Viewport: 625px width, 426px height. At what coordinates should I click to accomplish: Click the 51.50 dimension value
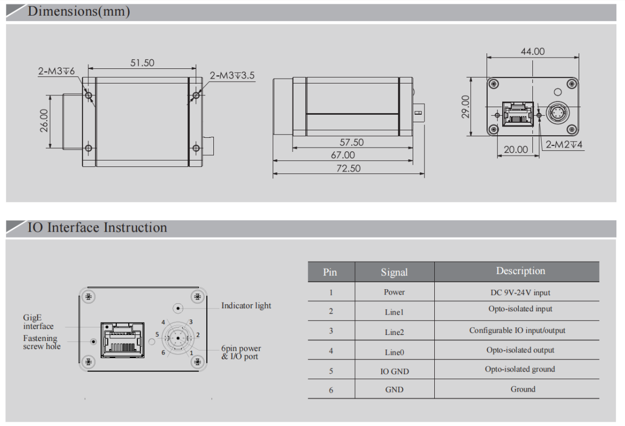click(x=142, y=63)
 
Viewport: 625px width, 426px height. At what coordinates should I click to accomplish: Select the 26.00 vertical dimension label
click(x=44, y=120)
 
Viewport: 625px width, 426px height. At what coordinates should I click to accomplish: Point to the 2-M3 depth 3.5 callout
click(x=232, y=75)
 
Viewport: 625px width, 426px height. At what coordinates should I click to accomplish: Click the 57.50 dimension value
click(x=351, y=142)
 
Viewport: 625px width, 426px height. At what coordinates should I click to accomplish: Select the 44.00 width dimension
click(x=532, y=52)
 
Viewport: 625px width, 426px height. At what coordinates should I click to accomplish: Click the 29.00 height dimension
click(x=466, y=107)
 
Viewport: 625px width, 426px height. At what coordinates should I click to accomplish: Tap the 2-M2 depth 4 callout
click(x=564, y=144)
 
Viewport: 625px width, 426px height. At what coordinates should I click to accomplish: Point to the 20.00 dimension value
click(x=516, y=150)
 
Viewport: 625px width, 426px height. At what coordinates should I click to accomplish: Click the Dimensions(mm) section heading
click(x=79, y=11)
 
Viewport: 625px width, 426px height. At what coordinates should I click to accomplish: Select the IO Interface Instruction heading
click(x=97, y=227)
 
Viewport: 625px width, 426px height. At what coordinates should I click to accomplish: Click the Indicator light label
click(x=246, y=305)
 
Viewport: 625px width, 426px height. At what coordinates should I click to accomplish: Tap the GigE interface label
click(x=38, y=322)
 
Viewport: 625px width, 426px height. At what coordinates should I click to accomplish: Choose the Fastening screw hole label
click(x=41, y=343)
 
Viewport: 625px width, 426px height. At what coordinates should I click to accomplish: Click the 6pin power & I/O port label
click(x=241, y=353)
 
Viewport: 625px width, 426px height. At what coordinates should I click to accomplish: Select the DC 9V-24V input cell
click(x=520, y=292)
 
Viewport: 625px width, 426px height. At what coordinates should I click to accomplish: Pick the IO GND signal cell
click(x=394, y=371)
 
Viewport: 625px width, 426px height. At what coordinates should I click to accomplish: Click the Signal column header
click(x=394, y=273)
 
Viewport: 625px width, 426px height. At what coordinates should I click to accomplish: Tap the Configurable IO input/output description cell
click(x=517, y=331)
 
